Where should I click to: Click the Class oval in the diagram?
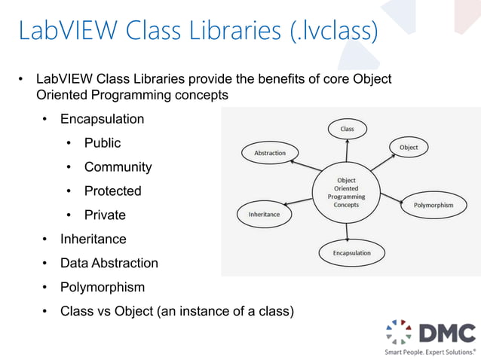347,129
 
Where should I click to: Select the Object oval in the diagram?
409,147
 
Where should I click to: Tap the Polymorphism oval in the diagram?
434,204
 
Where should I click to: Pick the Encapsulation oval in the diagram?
352,253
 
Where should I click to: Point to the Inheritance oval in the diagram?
264,215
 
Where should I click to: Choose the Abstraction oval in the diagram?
270,153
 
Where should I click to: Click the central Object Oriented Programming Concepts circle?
346,192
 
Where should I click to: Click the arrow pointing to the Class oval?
347,151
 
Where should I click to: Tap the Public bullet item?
103,143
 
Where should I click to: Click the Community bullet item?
118,167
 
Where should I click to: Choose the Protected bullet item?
112,191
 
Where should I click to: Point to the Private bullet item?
105,215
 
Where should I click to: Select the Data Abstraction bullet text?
109,264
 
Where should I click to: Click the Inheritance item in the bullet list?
93,239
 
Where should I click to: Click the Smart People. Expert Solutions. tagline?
430,352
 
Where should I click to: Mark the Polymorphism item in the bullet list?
103,288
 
